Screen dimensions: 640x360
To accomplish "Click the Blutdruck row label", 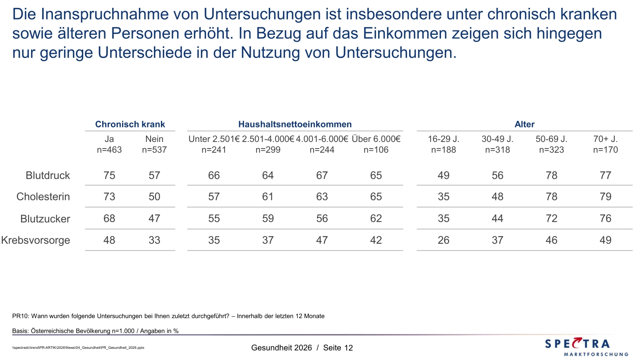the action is click(x=48, y=175).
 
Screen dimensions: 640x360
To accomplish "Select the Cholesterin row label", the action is click(x=43, y=197).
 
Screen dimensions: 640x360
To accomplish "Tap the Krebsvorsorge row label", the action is click(x=36, y=240).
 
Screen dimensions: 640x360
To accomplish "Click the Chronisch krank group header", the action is click(x=130, y=124).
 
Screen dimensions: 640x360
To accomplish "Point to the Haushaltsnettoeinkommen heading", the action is click(x=295, y=124).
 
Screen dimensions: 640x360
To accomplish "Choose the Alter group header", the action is click(x=525, y=124).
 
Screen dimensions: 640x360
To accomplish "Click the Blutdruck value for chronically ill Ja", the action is click(x=109, y=175).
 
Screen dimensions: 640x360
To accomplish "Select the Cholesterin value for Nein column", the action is click(x=154, y=197).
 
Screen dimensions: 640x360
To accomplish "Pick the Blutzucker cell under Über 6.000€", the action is click(x=376, y=218).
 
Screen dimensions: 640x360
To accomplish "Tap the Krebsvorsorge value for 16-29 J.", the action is click(x=443, y=240).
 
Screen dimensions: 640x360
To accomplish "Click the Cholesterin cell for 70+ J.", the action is click(x=605, y=197).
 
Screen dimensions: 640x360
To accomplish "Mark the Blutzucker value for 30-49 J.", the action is click(x=497, y=218).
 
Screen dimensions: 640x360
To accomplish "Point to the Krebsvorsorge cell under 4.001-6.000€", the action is click(x=322, y=240).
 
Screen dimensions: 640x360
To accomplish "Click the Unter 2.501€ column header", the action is click(x=214, y=139).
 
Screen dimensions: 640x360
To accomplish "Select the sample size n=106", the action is click(x=376, y=150).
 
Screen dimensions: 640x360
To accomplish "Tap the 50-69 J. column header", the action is click(x=551, y=139).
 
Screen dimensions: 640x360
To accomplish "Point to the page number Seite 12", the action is click(x=338, y=348).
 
